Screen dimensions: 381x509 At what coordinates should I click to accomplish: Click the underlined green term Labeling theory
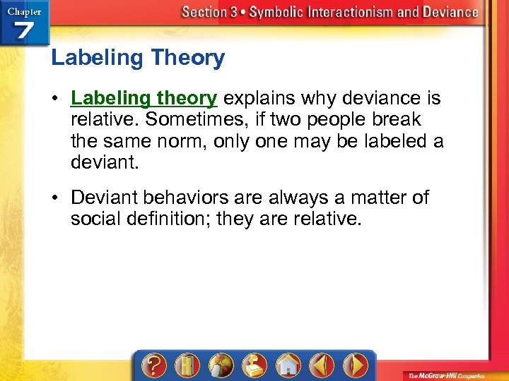click(x=144, y=98)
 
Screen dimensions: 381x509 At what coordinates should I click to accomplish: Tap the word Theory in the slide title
click(x=189, y=58)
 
